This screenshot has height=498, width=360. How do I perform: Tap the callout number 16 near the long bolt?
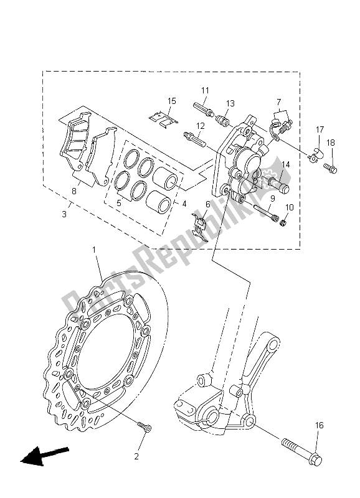click(x=320, y=426)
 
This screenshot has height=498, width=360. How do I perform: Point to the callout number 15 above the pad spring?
click(x=172, y=101)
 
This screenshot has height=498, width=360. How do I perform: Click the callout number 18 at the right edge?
click(x=330, y=143)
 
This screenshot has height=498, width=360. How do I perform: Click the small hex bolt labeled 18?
click(x=331, y=167)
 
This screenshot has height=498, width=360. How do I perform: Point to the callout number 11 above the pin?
click(x=204, y=91)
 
